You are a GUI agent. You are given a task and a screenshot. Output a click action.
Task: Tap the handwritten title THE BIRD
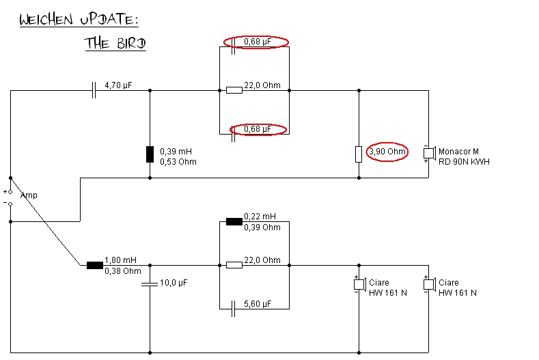click(115, 42)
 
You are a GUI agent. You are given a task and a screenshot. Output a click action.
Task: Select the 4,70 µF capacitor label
click(118, 86)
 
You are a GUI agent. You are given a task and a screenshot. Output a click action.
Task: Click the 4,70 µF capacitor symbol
click(94, 89)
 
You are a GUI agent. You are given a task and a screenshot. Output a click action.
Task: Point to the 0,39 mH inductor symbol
click(150, 154)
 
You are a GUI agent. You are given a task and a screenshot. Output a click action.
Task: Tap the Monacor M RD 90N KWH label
click(464, 156)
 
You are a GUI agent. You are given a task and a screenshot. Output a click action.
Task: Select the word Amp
click(29, 195)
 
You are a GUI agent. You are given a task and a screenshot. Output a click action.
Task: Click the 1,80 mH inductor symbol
click(94, 265)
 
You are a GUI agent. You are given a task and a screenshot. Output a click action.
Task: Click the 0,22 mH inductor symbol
click(234, 221)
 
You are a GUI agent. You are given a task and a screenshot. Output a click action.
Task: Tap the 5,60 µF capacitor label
click(257, 303)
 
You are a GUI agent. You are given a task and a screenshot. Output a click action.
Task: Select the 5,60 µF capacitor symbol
click(233, 308)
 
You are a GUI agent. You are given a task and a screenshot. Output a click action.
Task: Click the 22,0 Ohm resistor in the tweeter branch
click(234, 89)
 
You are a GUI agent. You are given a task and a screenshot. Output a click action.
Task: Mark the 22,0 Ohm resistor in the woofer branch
click(234, 265)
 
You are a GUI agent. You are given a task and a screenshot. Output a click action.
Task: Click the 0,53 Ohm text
click(178, 162)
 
